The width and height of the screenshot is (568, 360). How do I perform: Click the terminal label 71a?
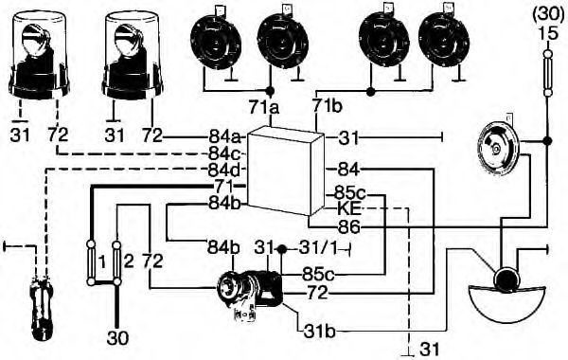click(264, 107)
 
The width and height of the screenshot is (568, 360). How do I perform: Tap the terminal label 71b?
click(328, 107)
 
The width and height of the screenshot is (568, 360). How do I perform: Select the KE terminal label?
click(349, 208)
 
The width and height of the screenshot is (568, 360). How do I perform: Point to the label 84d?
click(225, 170)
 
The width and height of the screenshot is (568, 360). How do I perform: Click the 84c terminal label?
click(224, 153)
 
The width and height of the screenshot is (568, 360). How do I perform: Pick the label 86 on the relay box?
click(348, 227)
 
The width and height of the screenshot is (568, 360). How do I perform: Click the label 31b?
click(320, 332)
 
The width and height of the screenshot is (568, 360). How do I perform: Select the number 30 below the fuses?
click(117, 338)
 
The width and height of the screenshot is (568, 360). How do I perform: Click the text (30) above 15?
click(548, 17)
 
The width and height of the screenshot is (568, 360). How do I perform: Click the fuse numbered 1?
click(91, 263)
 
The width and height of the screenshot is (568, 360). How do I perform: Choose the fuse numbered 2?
click(116, 263)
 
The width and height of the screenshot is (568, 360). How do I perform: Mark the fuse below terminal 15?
click(548, 74)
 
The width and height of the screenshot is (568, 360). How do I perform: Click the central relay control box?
click(285, 171)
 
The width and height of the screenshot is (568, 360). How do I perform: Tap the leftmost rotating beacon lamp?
click(39, 55)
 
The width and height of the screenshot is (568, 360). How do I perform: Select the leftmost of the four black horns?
click(216, 42)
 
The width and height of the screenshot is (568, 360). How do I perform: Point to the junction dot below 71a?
click(269, 90)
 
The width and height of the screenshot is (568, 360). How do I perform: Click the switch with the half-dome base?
click(506, 297)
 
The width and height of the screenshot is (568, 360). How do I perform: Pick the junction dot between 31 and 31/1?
click(282, 249)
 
